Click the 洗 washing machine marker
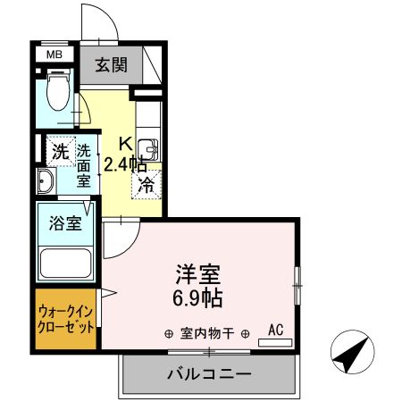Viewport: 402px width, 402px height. click(59, 151)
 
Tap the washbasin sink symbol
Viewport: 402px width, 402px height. click(46, 182)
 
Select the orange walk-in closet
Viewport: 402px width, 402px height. click(65, 318)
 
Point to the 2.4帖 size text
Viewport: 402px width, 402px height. click(126, 163)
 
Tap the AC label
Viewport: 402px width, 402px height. click(275, 330)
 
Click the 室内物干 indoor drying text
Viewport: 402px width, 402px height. click(206, 334)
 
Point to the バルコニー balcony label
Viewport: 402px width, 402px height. click(207, 374)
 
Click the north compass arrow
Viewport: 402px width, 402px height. click(352, 353)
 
